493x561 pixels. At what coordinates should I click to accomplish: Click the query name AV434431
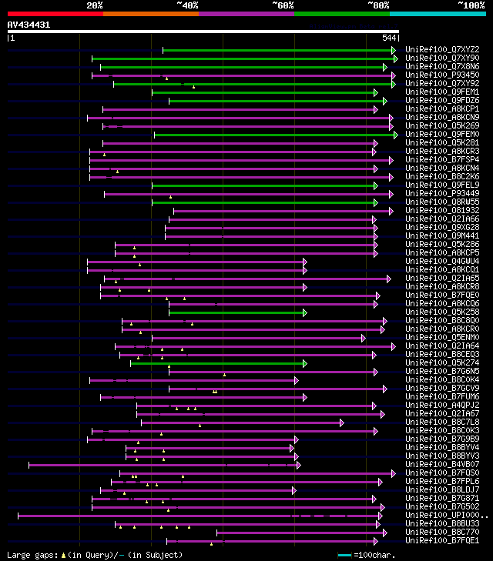[x=29, y=25]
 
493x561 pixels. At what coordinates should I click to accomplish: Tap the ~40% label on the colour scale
[x=187, y=5]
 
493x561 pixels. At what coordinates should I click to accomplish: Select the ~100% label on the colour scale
[x=471, y=5]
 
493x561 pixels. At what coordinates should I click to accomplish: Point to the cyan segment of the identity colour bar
[x=437, y=14]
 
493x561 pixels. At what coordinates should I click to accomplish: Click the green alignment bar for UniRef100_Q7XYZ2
[x=277, y=51]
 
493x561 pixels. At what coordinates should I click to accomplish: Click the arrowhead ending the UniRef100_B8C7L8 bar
[x=340, y=422]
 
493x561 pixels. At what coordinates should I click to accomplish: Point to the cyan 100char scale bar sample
[x=344, y=555]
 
